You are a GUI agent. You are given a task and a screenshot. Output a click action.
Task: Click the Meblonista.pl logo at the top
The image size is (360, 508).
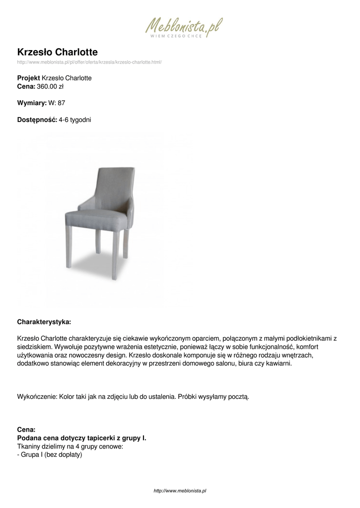point(183,28)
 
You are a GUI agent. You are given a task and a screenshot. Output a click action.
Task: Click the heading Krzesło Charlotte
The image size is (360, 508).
point(58,52)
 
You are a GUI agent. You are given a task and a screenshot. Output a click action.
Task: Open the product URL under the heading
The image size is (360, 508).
point(89,62)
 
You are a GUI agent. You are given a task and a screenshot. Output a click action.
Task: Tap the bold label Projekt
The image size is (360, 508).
point(29,78)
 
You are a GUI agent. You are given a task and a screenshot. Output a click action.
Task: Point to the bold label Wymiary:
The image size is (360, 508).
point(32,103)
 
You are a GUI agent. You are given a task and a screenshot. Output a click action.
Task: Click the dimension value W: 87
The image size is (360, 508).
point(57,103)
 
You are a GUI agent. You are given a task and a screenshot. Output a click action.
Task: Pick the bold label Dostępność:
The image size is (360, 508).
point(37,120)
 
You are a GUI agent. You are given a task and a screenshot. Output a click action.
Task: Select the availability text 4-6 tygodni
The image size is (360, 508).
point(75,120)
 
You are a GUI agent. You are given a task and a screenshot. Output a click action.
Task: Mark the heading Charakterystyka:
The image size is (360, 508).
point(44,321)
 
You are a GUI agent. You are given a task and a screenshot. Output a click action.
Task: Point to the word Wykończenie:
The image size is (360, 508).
point(37,397)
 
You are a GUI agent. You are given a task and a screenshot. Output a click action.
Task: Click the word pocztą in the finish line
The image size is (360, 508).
point(237,397)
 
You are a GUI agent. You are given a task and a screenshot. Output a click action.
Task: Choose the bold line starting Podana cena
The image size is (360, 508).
point(82,438)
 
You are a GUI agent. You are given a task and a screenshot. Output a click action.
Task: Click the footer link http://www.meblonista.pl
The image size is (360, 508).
point(180,491)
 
